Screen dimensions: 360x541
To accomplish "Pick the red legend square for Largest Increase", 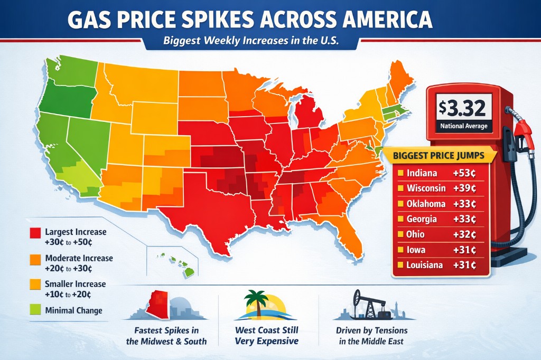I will point(35,232).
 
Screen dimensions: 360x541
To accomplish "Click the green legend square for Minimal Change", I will point(35,310).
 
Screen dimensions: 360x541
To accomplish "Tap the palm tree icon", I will point(255,302).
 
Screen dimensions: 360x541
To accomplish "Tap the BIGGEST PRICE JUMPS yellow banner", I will point(443,156).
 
